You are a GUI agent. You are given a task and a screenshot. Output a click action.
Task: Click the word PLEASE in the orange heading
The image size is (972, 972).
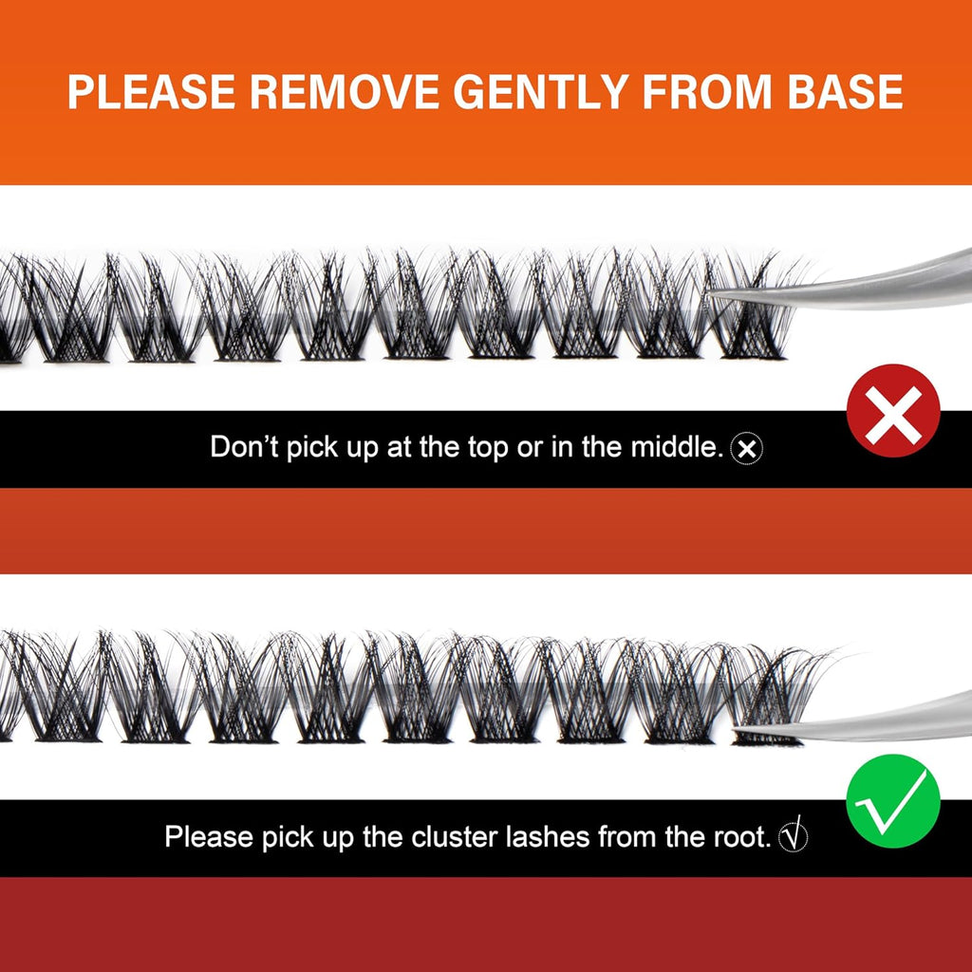[151, 92]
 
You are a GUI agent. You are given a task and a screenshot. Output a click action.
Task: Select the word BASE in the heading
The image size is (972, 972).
[845, 92]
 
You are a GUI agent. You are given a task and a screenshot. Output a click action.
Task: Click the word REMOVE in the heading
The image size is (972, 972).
[345, 92]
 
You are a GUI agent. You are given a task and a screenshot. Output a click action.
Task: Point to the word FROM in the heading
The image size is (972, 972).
[708, 92]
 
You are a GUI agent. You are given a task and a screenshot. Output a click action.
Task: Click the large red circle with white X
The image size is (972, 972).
[892, 411]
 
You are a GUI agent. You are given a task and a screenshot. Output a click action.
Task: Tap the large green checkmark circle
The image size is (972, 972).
[892, 801]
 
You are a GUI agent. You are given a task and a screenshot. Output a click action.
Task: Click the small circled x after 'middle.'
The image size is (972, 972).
[747, 448]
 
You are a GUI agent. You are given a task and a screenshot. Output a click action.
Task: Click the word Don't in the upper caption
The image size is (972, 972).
[245, 446]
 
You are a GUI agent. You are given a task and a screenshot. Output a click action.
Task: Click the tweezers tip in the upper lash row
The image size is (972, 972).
[711, 295]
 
